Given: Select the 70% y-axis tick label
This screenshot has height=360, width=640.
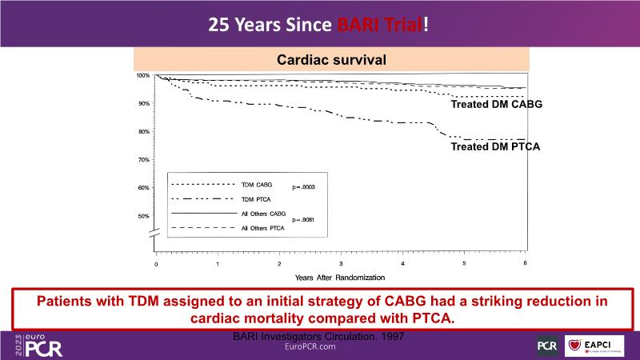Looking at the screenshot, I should pos(144,160).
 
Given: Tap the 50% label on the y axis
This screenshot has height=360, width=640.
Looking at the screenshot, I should pos(144,216).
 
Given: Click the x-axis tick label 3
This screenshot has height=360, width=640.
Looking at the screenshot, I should pos(341,263).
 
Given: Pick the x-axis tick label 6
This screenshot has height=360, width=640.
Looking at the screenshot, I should pos(525,263).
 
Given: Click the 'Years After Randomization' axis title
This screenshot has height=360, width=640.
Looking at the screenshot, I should pos(339,277).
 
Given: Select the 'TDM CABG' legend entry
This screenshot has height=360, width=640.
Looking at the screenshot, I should pos(257,184).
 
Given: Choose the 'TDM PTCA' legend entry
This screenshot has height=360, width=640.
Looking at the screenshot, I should pos(256,198).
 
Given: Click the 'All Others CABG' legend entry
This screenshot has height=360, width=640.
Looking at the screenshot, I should pos(263,214).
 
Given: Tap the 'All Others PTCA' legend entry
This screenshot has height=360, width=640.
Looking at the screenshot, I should pos(263,230).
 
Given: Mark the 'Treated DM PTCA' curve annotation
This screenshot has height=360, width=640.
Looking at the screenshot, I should pos(496,147).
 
